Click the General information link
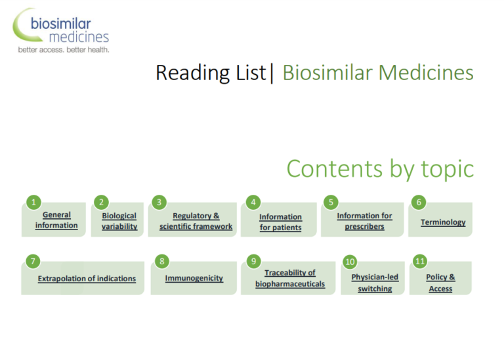pyautogui.click(x=56, y=220)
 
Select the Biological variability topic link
pyautogui.click(x=119, y=221)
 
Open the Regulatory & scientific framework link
pyautogui.click(x=196, y=221)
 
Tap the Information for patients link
pyautogui.click(x=281, y=222)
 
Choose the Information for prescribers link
pyautogui.click(x=364, y=221)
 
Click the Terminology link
pyautogui.click(x=443, y=222)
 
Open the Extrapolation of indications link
pyautogui.click(x=87, y=279)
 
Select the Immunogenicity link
pyautogui.click(x=194, y=278)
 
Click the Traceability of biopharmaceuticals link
pyautogui.click(x=290, y=278)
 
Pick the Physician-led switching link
pyautogui.click(x=375, y=283)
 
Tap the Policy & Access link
pyautogui.click(x=440, y=283)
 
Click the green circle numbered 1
pyautogui.click(x=33, y=203)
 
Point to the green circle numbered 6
pyautogui.click(x=419, y=202)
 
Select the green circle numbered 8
pyautogui.click(x=161, y=262)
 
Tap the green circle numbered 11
pyautogui.click(x=420, y=262)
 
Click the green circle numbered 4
pyautogui.click(x=253, y=203)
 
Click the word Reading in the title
pyautogui.click(x=192, y=73)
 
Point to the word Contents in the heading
pyautogui.click(x=335, y=169)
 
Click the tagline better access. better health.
pyautogui.click(x=64, y=50)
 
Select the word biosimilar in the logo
pyautogui.click(x=61, y=24)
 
